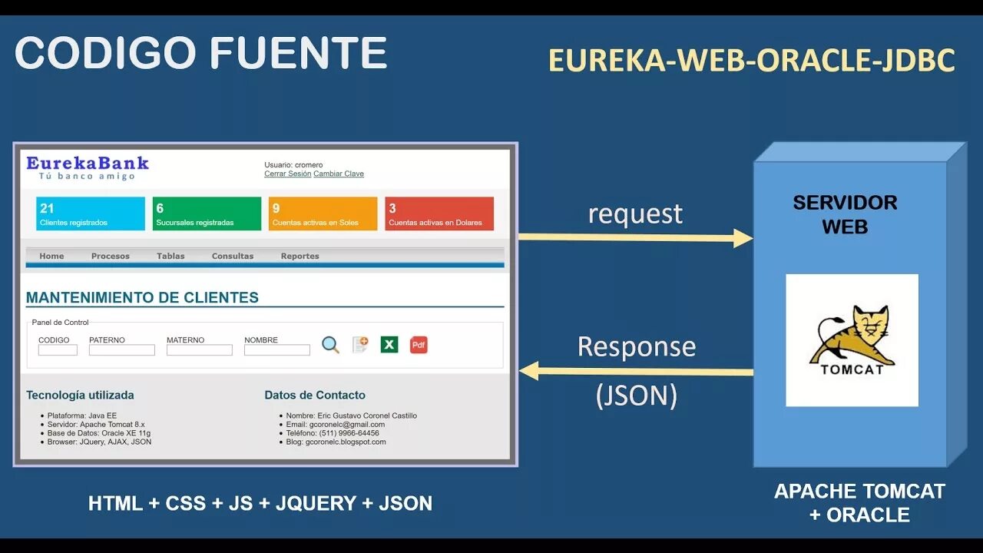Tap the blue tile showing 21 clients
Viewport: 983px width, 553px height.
(90, 214)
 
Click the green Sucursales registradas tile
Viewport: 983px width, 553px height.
(207, 214)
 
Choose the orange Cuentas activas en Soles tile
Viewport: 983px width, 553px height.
(323, 214)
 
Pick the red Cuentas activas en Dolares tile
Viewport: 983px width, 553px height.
(439, 214)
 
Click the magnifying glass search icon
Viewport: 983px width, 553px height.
(330, 345)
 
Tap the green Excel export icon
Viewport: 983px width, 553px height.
(389, 345)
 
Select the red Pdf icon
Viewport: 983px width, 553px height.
(419, 345)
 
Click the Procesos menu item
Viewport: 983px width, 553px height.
(111, 256)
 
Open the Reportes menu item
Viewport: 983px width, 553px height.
(300, 256)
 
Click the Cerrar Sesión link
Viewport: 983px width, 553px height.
(287, 174)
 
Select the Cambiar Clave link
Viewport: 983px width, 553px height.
(339, 174)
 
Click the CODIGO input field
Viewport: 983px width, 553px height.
(58, 350)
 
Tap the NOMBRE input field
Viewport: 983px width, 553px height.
(277, 350)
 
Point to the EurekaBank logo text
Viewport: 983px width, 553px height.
(88, 163)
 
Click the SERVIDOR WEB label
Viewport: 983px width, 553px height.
(845, 214)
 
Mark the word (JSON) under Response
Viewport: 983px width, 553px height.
(637, 396)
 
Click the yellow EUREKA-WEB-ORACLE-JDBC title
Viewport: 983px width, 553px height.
(751, 61)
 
